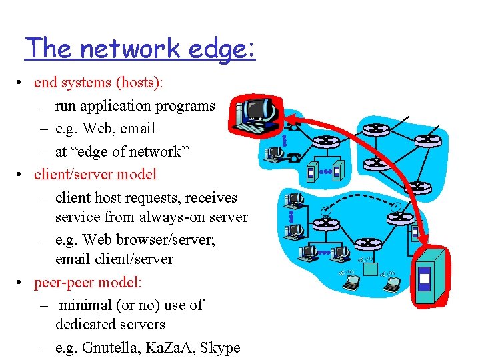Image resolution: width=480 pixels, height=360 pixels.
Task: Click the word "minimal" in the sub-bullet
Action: [84, 305]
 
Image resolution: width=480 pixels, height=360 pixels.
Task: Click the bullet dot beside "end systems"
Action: [23, 83]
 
